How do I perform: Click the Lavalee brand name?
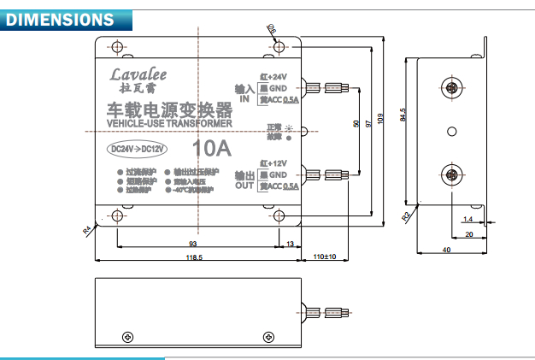[139, 74]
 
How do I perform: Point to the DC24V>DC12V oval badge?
[138, 149]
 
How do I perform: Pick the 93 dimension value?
[192, 243]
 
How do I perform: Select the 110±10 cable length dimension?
[325, 257]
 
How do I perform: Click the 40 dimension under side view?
[446, 249]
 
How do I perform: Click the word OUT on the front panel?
[244, 186]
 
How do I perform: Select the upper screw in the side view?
[452, 88]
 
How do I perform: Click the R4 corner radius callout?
[87, 229]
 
